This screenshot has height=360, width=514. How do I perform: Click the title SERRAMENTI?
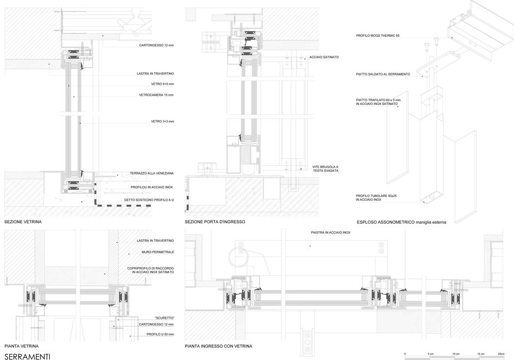tap(27, 357)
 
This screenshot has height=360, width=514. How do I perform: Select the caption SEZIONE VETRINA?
tap(23, 222)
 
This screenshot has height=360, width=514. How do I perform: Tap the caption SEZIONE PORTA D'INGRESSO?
tap(215, 222)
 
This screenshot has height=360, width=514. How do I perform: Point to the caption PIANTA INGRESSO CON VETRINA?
tap(218, 346)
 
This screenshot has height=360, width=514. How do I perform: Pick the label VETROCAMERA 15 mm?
tap(157, 95)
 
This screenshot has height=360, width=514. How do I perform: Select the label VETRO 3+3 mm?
tap(162, 121)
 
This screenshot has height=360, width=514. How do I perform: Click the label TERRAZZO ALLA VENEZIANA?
tap(152, 173)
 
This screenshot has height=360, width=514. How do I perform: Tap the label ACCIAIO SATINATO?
tap(324, 57)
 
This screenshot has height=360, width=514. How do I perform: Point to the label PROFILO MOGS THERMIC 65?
tap(378, 36)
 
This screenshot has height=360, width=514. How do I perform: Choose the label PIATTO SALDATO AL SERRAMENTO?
tap(383, 74)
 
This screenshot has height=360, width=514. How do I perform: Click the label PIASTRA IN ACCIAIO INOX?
tap(331, 233)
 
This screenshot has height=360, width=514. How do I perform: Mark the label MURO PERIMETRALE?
tap(158, 252)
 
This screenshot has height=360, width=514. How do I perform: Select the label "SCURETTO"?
tap(164, 318)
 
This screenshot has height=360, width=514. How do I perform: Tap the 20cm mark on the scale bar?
tap(501, 354)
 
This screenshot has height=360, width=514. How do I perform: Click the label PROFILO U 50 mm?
tap(160, 334)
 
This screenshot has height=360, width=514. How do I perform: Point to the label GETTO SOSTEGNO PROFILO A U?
tap(149, 200)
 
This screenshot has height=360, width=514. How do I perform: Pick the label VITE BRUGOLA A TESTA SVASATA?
tap(325, 169)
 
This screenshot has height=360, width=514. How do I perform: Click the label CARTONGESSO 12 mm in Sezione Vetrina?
tap(157, 45)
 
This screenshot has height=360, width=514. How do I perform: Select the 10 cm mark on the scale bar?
tap(456, 354)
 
